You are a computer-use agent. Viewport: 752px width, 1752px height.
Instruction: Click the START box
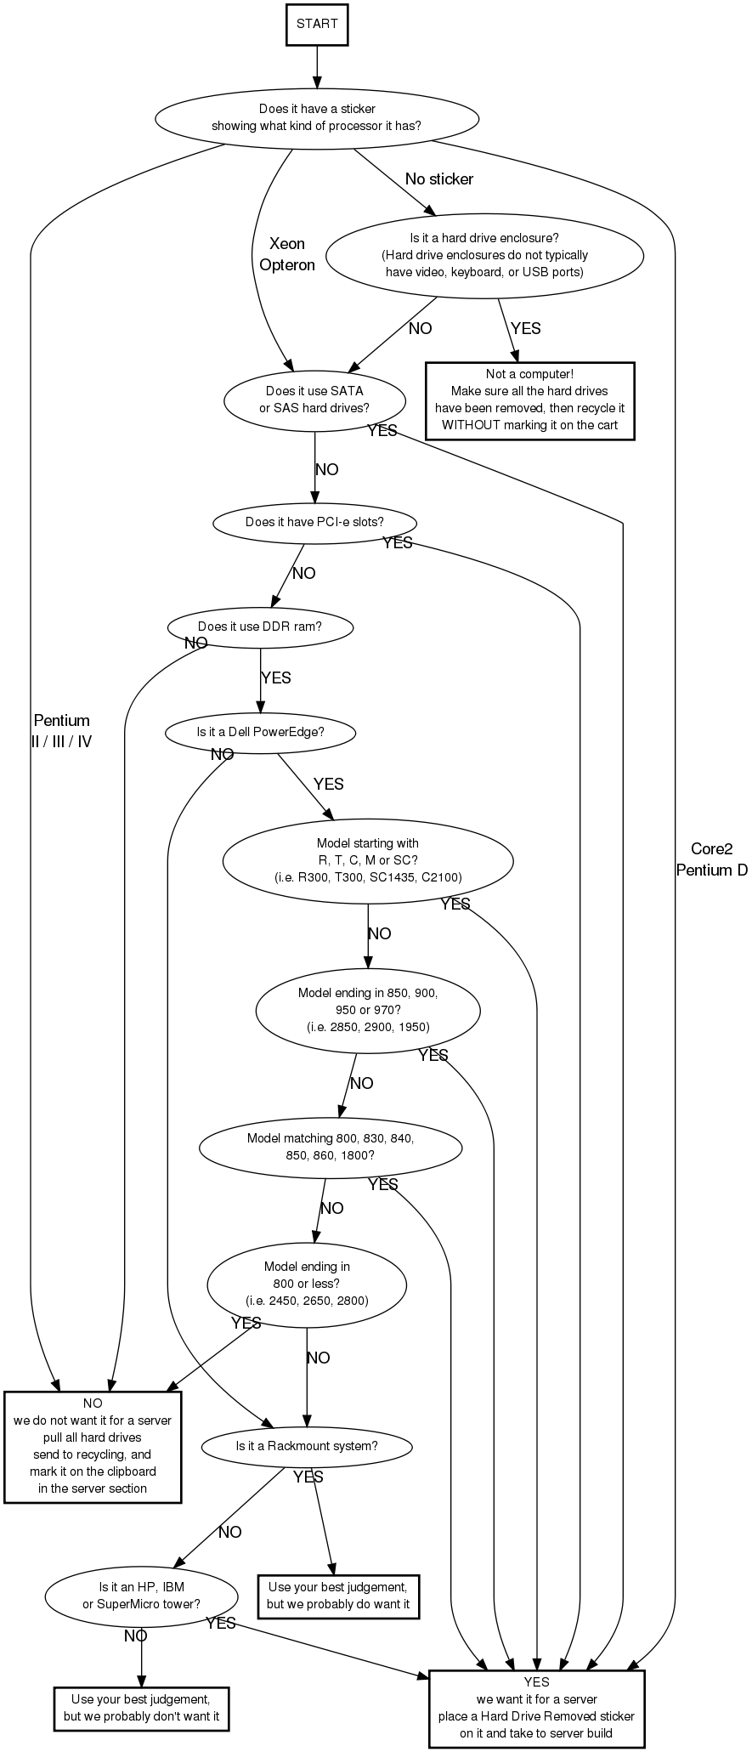click(317, 24)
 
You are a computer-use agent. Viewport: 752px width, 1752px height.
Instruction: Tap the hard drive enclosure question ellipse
click(484, 256)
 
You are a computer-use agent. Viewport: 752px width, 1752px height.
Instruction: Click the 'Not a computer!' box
click(529, 400)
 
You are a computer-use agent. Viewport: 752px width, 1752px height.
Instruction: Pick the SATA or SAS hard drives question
click(314, 400)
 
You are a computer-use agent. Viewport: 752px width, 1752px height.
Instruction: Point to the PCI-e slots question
click(314, 522)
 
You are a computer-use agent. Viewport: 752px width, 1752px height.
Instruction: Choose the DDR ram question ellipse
click(260, 627)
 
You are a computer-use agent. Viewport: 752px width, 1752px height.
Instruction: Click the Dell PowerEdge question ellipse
click(260, 733)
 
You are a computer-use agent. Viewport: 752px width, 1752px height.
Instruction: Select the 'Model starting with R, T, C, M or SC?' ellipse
click(368, 860)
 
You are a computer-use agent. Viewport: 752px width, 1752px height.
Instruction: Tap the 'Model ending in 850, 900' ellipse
click(368, 1010)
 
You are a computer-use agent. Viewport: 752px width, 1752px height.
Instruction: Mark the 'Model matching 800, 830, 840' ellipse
click(331, 1148)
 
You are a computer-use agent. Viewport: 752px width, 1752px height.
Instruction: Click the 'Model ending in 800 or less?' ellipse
click(307, 1284)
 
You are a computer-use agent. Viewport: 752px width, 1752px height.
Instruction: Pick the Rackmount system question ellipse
click(307, 1446)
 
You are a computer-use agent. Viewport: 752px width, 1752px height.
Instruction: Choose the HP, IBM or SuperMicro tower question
click(141, 1596)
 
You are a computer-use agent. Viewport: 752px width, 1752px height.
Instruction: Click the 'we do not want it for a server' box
click(93, 1446)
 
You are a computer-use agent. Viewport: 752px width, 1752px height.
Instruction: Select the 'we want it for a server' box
click(536, 1708)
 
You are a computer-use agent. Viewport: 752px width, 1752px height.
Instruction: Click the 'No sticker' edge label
click(438, 179)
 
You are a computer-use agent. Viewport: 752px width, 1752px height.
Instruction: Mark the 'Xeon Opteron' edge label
click(287, 254)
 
